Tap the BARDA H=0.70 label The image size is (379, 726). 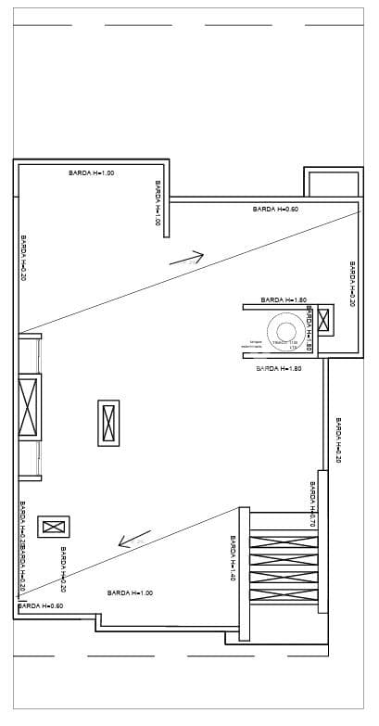pyautogui.click(x=313, y=506)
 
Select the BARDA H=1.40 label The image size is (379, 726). pyautogui.click(x=232, y=558)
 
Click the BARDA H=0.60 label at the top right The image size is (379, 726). pyautogui.click(x=275, y=210)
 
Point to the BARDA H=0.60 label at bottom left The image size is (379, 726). pyautogui.click(x=41, y=605)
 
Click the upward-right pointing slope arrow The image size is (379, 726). pyautogui.click(x=186, y=258)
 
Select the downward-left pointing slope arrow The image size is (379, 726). pyautogui.click(x=134, y=540)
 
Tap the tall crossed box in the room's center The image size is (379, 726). pyautogui.click(x=108, y=423)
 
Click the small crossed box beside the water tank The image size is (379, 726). pyautogui.click(x=323, y=321)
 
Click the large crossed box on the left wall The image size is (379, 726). pyautogui.click(x=29, y=407)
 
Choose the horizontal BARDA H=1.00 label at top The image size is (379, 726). pyautogui.click(x=91, y=173)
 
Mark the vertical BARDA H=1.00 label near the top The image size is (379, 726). pyautogui.click(x=158, y=203)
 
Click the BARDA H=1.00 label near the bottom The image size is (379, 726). pyautogui.click(x=130, y=592)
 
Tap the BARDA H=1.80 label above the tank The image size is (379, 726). pyautogui.click(x=284, y=299)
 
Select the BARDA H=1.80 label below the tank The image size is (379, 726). pyautogui.click(x=279, y=368)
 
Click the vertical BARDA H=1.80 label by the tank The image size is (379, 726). pyautogui.click(x=308, y=335)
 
